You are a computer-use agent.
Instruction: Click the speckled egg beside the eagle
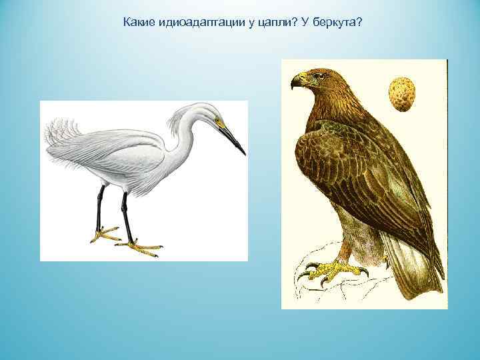401,94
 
